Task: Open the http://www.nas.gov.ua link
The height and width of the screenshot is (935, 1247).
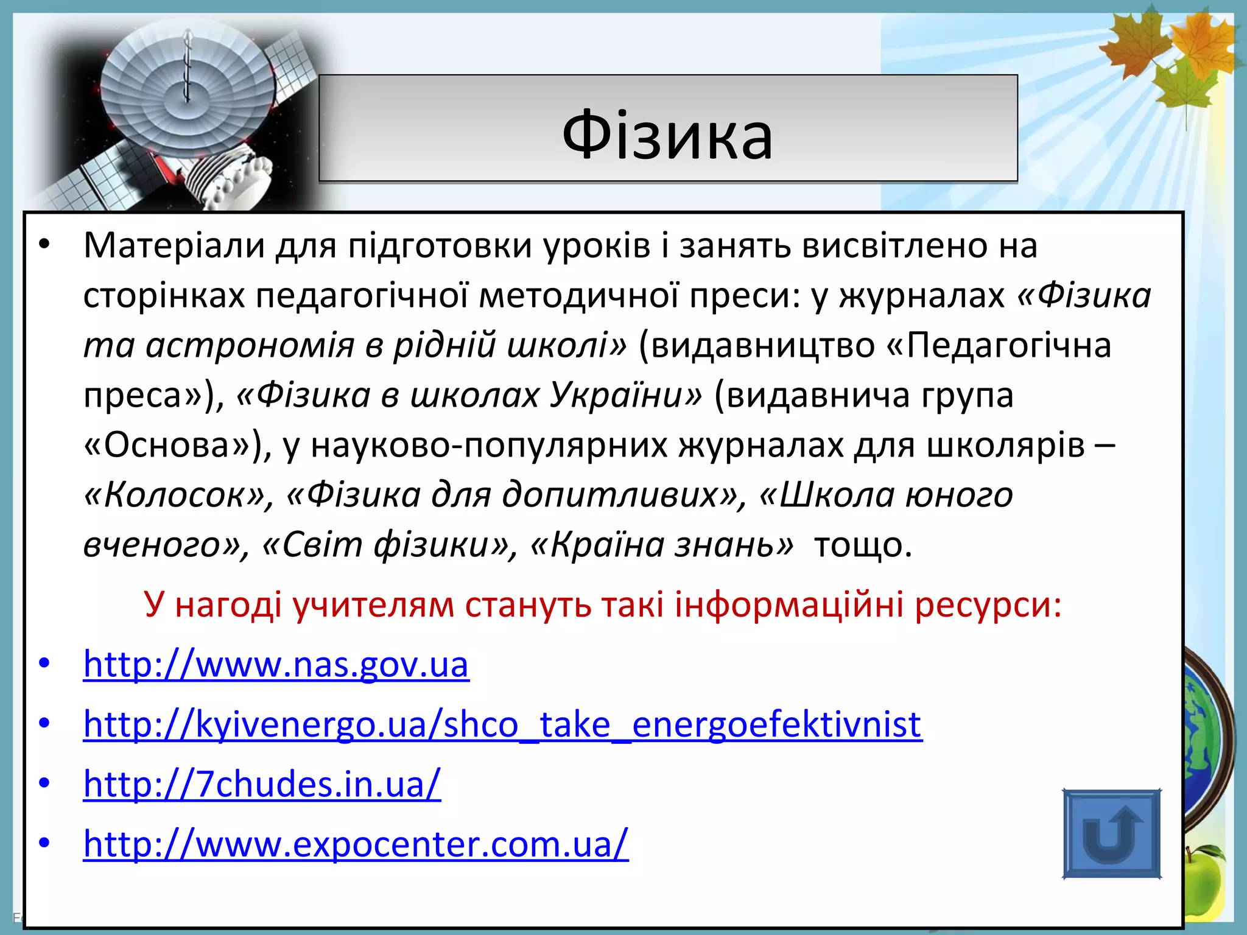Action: (276, 664)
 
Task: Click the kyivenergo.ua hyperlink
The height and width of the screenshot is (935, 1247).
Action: (502, 724)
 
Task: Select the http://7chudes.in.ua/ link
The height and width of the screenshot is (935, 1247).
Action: (262, 784)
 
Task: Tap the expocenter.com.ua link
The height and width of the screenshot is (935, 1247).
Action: (356, 844)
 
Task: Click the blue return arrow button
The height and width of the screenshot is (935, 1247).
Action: (1111, 833)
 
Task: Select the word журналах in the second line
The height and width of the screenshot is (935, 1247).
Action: (922, 296)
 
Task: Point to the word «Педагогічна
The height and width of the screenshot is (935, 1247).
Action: (999, 345)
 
